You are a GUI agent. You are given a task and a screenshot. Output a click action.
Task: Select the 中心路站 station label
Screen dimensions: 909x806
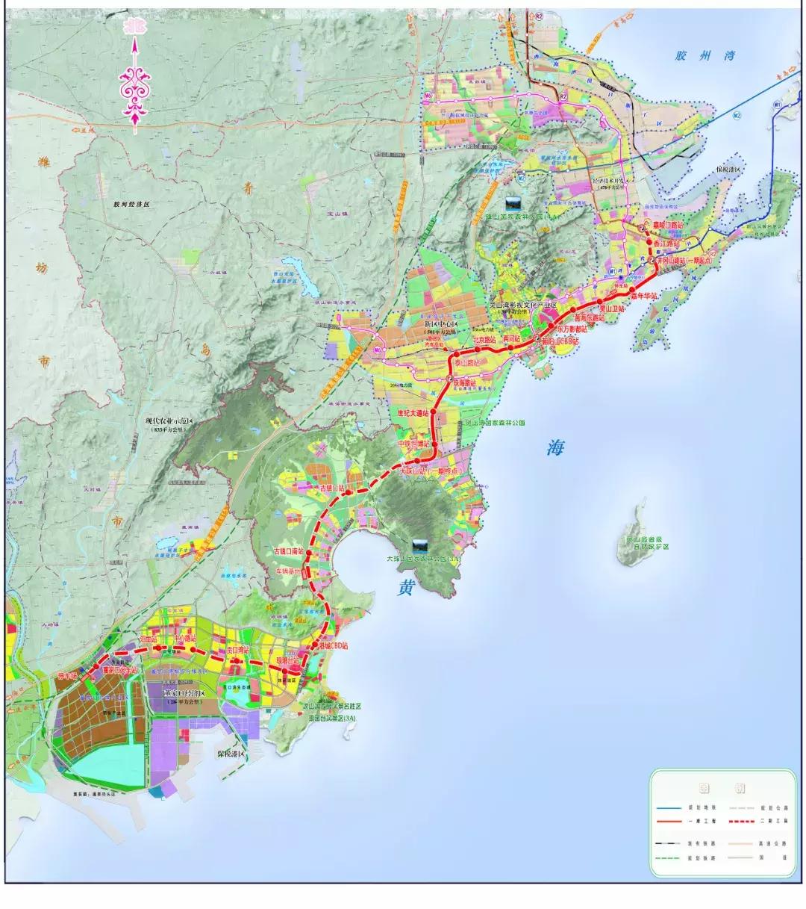pyautogui.click(x=184, y=639)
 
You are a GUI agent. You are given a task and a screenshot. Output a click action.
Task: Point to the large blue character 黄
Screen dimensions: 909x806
pyautogui.click(x=405, y=588)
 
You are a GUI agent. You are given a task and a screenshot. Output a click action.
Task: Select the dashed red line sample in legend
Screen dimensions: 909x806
pyautogui.click(x=746, y=822)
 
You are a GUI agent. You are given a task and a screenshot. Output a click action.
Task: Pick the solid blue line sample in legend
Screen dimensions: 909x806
pyautogui.click(x=669, y=807)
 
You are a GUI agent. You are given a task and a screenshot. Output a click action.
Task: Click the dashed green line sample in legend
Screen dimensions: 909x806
pyautogui.click(x=669, y=857)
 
